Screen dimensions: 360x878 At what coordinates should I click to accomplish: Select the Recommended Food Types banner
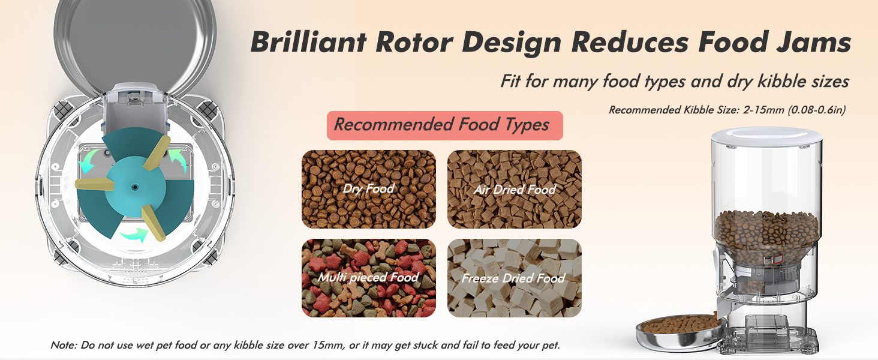point(444,125)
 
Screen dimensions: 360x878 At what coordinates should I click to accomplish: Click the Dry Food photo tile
point(368,189)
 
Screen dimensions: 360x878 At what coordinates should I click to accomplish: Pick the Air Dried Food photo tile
point(515,189)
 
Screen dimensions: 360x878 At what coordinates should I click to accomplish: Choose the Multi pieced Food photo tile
point(368,278)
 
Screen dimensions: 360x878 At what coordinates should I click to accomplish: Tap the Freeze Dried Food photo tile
point(515,278)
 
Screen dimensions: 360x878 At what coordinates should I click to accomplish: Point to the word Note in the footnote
point(62,346)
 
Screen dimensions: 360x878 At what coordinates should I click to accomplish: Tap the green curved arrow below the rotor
point(133,233)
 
